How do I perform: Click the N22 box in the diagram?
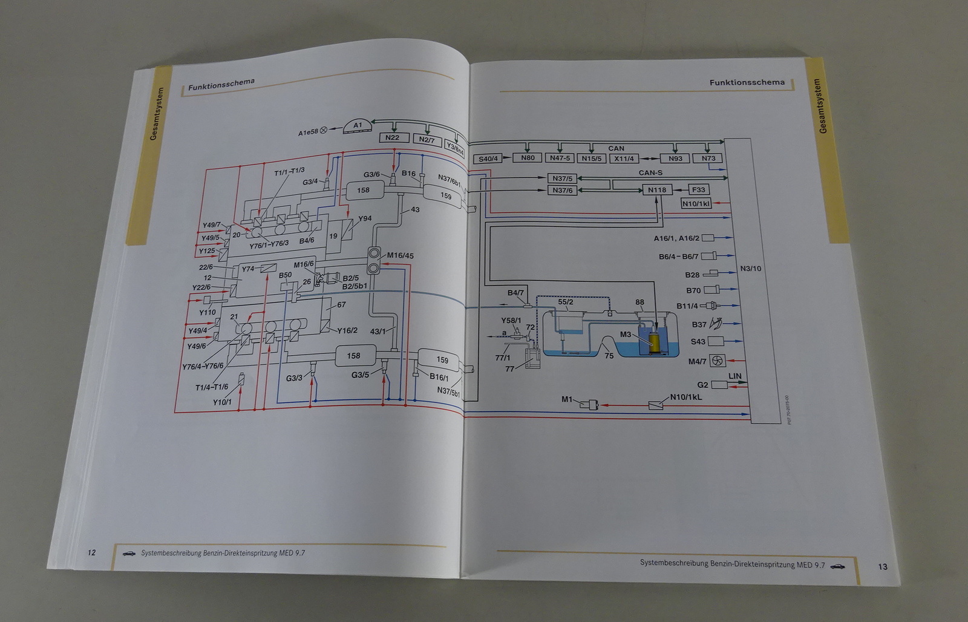[x=392, y=138]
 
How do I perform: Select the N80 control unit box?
[x=528, y=158]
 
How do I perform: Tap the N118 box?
[x=656, y=190]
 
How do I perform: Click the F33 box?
[x=698, y=189]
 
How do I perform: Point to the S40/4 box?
[x=488, y=159]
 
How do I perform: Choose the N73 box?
[x=708, y=159]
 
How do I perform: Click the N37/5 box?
[x=562, y=178]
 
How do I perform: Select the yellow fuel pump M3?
[x=654, y=344]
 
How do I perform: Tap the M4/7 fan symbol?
[x=717, y=361]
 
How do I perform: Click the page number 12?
[x=91, y=552]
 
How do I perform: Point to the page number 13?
[x=882, y=566]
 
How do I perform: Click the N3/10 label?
[x=751, y=269]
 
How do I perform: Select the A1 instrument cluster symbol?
[x=358, y=126]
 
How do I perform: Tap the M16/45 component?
[x=375, y=260]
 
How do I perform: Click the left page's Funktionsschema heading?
[x=221, y=84]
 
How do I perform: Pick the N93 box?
[x=675, y=159]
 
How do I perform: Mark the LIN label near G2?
[x=734, y=376]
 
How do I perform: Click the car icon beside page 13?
[x=837, y=565]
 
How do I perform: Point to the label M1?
[x=566, y=399]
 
